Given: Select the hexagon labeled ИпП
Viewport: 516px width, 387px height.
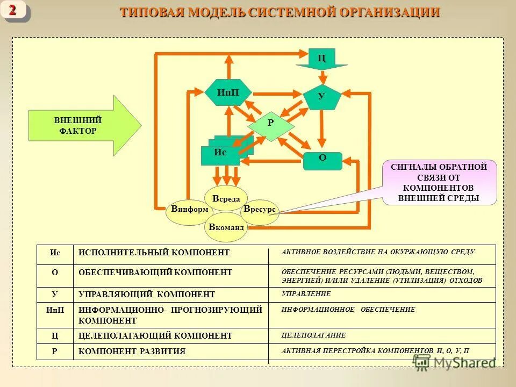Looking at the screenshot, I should tap(228, 92).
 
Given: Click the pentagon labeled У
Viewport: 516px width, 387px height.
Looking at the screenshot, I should tap(322, 97).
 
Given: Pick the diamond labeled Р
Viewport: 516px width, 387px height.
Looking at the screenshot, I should tap(271, 123).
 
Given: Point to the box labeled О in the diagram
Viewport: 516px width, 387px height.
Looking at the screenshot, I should tap(322, 160).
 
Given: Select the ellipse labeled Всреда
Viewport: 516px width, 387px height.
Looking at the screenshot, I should tap(226, 198).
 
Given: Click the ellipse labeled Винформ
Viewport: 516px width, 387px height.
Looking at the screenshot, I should tap(189, 210).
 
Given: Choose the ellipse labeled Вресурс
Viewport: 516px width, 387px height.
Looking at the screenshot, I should tap(260, 210).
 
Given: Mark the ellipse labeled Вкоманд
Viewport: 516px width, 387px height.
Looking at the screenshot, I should tap(226, 227).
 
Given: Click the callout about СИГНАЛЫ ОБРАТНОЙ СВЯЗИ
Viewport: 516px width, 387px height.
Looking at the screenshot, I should tap(439, 183).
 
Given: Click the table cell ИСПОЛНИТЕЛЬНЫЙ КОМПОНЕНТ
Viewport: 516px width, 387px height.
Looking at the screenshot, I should tap(154, 253).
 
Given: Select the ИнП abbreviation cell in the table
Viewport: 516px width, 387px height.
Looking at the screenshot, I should tap(55, 310).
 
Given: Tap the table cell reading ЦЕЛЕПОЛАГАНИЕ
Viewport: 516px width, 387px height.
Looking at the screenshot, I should tap(314, 335).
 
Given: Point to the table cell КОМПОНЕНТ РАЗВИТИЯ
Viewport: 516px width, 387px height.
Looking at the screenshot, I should tap(132, 352).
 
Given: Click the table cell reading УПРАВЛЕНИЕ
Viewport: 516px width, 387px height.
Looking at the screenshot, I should tap(306, 294).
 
